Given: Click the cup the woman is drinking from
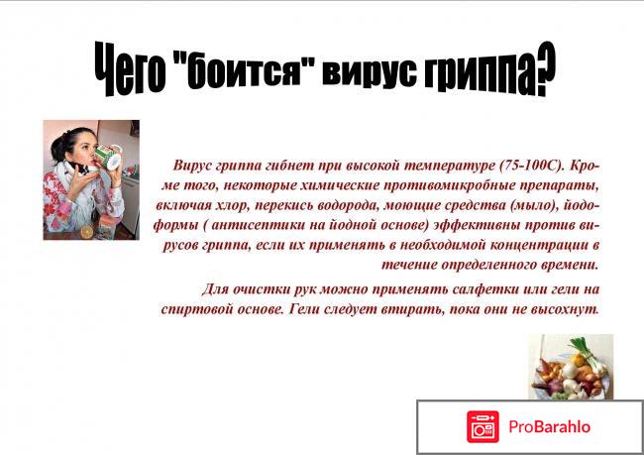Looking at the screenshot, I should [106, 159].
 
